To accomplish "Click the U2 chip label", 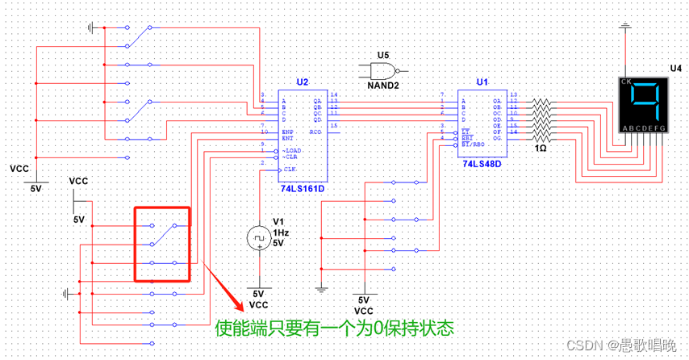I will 302,82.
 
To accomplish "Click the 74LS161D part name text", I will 303,188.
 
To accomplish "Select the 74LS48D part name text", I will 482,163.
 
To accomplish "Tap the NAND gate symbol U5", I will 382,69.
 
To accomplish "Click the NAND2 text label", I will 382,84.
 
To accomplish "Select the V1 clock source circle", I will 259,237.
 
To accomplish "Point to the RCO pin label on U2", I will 315,131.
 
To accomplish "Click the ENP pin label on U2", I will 286,131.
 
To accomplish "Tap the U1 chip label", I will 482,82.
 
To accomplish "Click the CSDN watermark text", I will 620,345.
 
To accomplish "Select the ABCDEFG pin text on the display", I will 643,128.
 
